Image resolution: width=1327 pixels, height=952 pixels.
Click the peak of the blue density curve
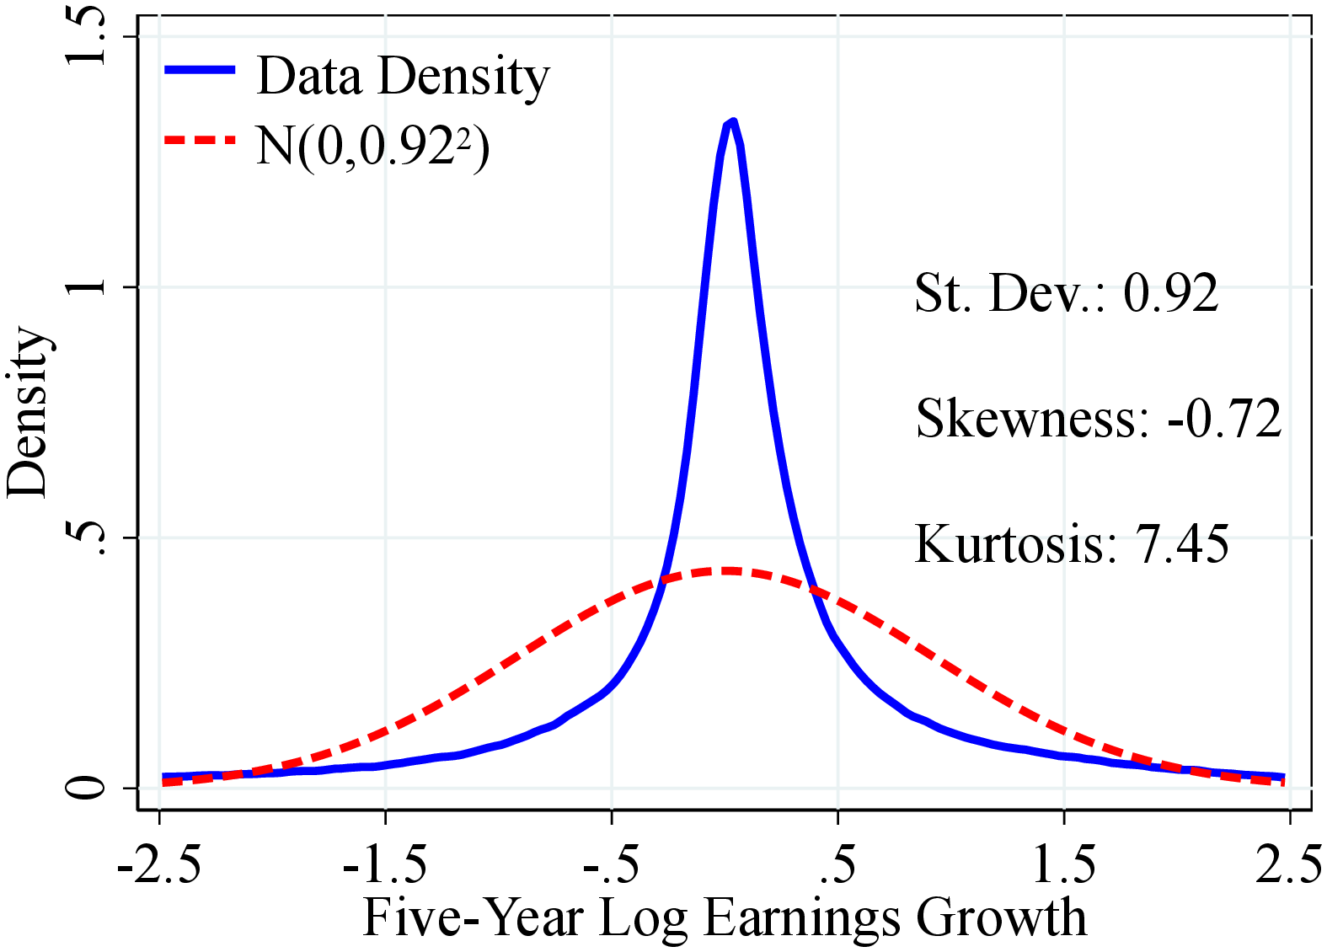pyautogui.click(x=731, y=124)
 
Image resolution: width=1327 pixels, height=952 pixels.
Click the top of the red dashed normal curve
pyautogui.click(x=726, y=571)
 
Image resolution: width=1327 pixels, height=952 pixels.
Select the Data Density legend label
pyautogui.click(x=403, y=76)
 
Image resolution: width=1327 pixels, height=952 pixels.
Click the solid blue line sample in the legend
pyautogui.click(x=200, y=70)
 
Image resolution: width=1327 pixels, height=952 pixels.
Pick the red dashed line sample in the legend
pyautogui.click(x=200, y=140)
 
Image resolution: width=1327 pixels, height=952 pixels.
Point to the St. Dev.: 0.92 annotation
pyautogui.click(x=1066, y=293)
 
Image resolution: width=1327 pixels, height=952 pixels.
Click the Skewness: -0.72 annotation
pyautogui.click(x=1098, y=418)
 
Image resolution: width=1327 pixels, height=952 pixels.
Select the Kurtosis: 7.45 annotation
pyautogui.click(x=1072, y=543)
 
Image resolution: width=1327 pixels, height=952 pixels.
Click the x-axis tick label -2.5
pyautogui.click(x=159, y=865)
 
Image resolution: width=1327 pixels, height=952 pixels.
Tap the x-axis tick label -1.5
pyautogui.click(x=385, y=865)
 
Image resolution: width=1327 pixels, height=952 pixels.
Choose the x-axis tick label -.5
pyautogui.click(x=611, y=865)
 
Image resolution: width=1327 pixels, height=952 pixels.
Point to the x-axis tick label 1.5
pyautogui.click(x=1064, y=865)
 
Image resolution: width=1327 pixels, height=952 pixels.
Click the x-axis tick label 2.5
pyautogui.click(x=1288, y=865)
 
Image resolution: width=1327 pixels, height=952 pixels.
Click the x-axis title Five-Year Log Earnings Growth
pyautogui.click(x=725, y=917)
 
